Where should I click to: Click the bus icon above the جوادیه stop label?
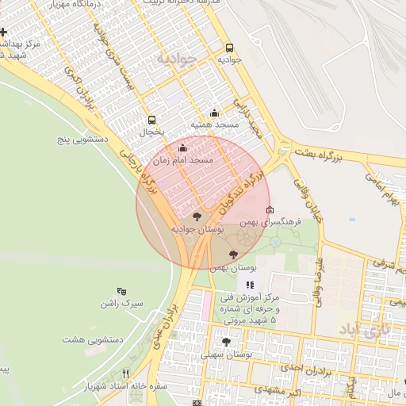(230, 48)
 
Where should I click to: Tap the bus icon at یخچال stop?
(151, 121)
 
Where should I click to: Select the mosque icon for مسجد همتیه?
(214, 113)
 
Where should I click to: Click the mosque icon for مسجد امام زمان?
(183, 147)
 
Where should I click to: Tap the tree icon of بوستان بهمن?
(232, 255)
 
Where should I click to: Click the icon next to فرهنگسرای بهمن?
(270, 211)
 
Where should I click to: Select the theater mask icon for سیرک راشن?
(121, 291)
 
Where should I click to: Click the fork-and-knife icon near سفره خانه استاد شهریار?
(124, 374)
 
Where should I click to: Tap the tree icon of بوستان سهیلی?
(227, 342)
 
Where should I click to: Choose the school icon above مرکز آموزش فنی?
(250, 285)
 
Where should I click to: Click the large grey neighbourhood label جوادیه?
(174, 59)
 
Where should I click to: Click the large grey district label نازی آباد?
(365, 328)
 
